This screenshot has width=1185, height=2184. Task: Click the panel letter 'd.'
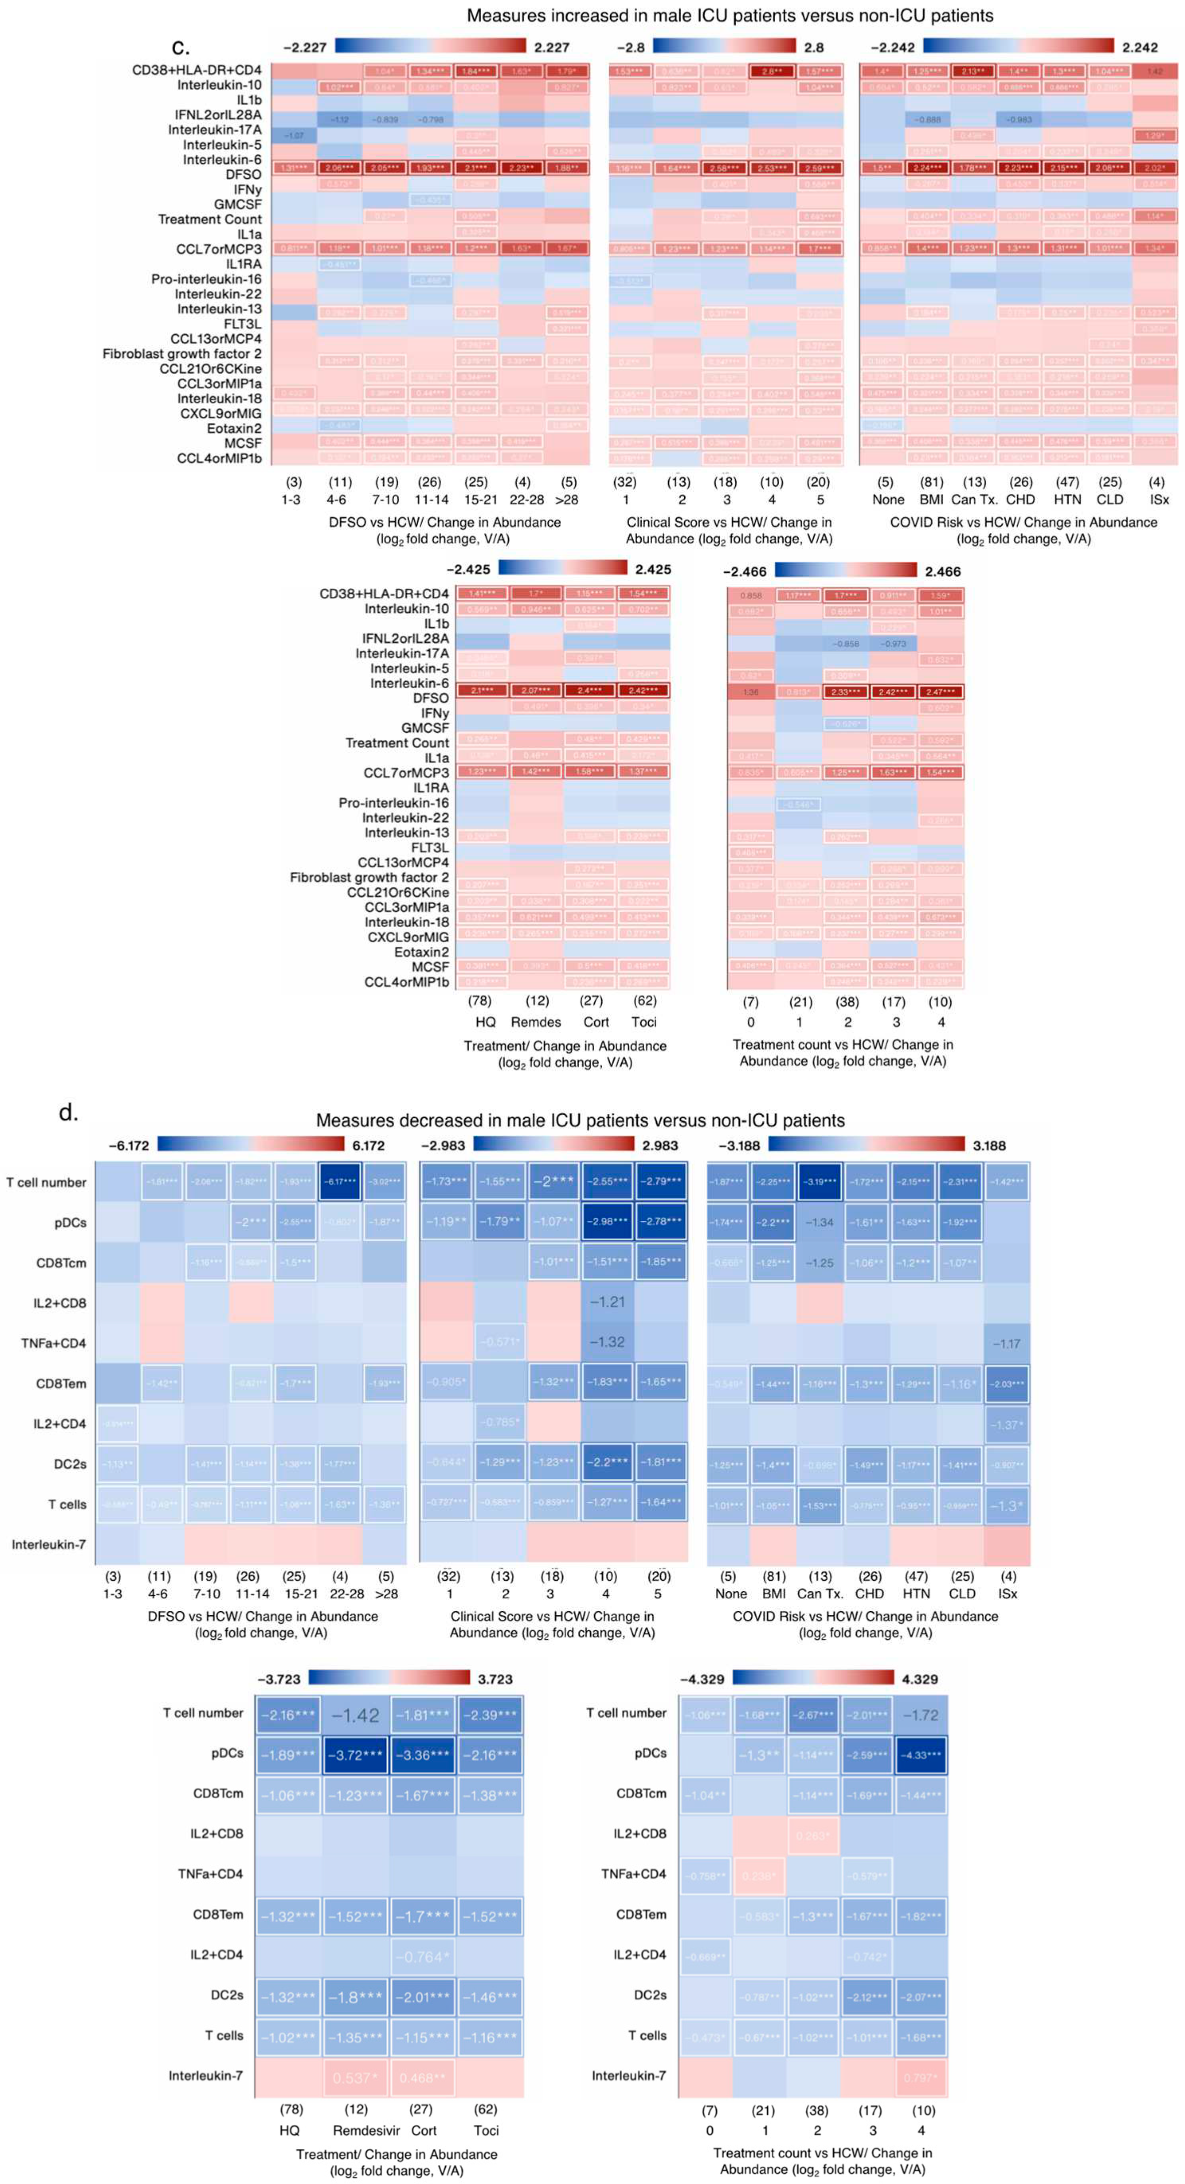(x=68, y=1112)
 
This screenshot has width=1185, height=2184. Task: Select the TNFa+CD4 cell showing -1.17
(x=1007, y=1343)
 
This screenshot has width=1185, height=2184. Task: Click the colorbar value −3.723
(x=279, y=1679)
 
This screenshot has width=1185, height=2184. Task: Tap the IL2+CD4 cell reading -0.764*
(x=422, y=1957)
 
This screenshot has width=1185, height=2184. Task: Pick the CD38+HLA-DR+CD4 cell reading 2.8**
(x=771, y=71)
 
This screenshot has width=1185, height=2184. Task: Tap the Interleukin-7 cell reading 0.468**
(x=422, y=2078)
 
